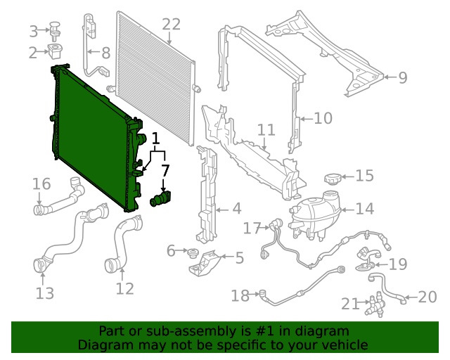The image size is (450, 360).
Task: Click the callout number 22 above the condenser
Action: coord(172,24)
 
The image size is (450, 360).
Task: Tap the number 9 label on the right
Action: coord(403,77)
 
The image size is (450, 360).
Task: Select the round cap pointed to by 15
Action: coord(333,179)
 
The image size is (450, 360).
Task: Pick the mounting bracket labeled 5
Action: coord(205,263)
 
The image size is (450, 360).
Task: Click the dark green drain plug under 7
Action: coord(160,198)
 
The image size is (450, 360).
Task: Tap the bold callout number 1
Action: coord(155,139)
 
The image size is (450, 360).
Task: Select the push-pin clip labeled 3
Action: coord(55,31)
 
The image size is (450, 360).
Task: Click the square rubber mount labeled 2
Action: coord(56,51)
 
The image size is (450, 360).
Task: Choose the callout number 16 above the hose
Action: coord(41,184)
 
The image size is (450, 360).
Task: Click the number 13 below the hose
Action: coord(45,293)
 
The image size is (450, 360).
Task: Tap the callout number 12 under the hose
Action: coord(125,289)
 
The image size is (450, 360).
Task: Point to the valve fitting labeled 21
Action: coord(375,304)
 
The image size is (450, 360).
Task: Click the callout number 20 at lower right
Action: coord(427,297)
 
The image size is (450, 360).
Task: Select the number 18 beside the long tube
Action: coord(240,295)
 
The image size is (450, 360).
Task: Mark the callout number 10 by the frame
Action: coord(323,118)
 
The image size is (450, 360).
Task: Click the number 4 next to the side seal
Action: coord(237,209)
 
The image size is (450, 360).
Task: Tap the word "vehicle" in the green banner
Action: coord(347,345)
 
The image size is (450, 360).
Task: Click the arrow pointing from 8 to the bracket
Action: coord(94,51)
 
